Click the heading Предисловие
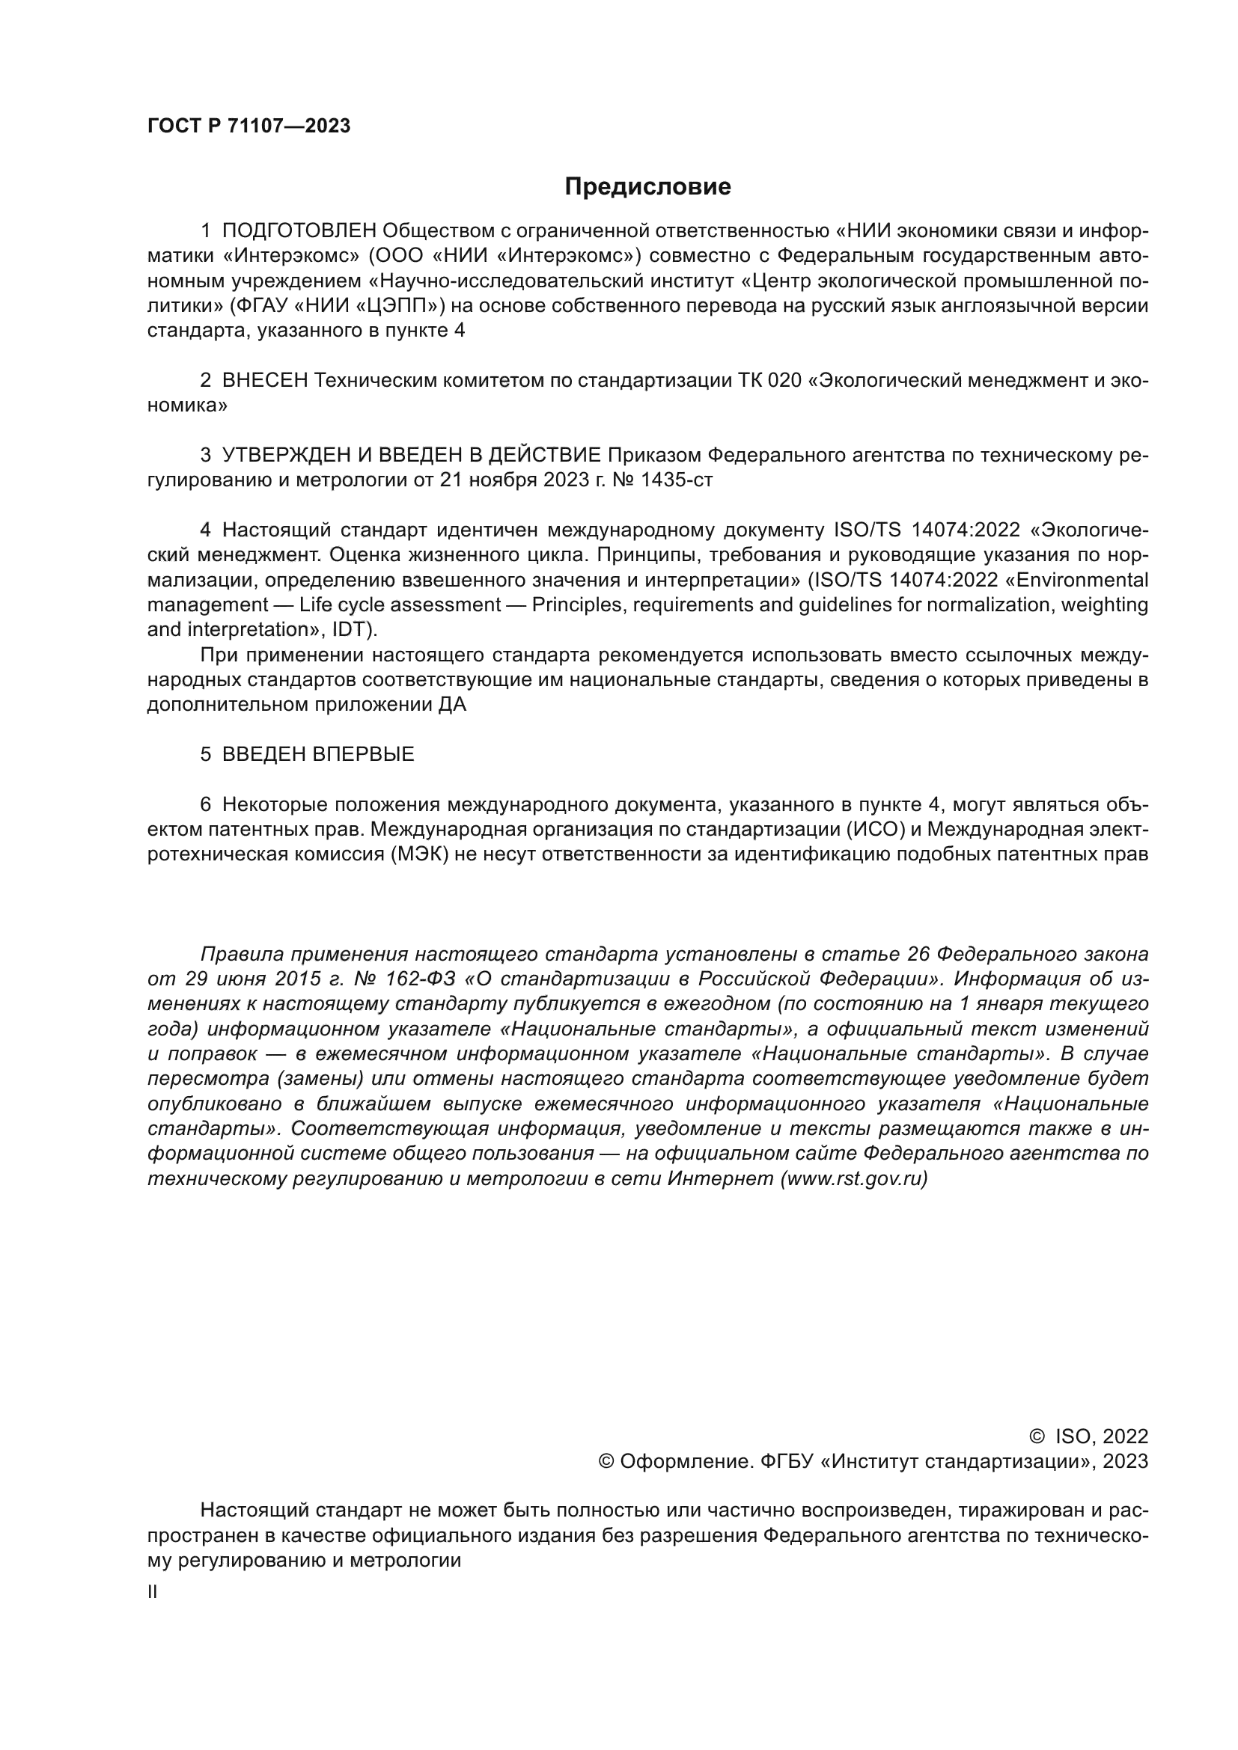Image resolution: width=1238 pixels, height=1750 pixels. click(647, 187)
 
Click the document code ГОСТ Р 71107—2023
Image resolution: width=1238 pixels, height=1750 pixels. click(248, 126)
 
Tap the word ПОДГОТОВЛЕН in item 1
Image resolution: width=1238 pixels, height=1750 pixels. click(299, 231)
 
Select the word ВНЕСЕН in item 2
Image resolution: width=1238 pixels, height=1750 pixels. click(264, 380)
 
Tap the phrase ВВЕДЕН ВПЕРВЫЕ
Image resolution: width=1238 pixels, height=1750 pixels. click(318, 755)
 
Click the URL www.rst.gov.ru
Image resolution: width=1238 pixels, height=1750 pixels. click(855, 1178)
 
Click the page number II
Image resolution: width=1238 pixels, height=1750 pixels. click(153, 1592)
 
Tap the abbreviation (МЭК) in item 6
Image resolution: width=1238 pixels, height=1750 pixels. click(416, 854)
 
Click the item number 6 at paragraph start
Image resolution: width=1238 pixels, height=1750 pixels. click(205, 805)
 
